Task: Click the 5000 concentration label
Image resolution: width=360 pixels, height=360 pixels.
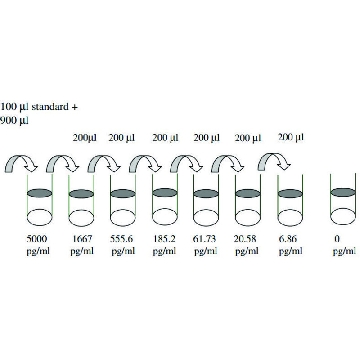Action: tap(36, 239)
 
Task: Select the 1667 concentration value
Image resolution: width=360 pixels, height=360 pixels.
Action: tap(82, 239)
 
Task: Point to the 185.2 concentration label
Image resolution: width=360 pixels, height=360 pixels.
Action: tap(165, 239)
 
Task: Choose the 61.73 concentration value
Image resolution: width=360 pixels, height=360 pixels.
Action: tap(205, 239)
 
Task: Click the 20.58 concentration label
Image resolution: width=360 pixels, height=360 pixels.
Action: tap(247, 239)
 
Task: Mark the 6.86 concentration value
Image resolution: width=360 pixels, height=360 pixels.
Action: tap(288, 239)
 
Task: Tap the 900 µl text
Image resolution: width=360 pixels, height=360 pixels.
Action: tap(14, 120)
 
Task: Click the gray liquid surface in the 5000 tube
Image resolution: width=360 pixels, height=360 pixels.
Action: tap(39, 193)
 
